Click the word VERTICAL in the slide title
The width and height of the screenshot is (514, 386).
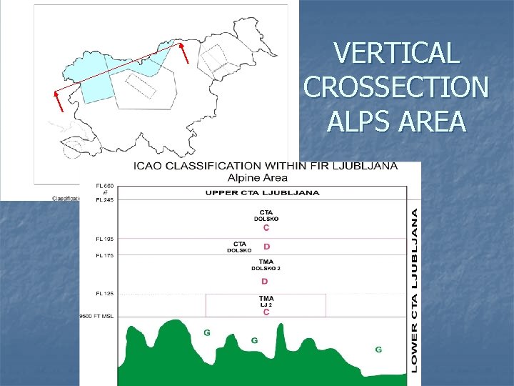[x=395, y=54]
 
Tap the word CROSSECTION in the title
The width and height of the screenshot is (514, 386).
[x=397, y=87]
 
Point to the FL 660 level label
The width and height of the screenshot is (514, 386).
[x=105, y=187]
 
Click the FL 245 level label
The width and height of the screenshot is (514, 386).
[x=105, y=200]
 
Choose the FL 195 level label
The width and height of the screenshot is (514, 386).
[x=105, y=239]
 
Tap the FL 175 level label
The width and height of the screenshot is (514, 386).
[x=105, y=255]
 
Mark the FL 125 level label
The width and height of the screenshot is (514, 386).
[x=105, y=294]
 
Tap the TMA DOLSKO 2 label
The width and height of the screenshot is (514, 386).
[x=266, y=264]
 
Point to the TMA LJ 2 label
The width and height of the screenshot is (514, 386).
[x=266, y=301]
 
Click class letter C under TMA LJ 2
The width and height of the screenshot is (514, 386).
[x=266, y=312]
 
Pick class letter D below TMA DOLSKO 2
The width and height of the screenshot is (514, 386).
[x=265, y=281]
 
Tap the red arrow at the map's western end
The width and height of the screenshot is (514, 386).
[x=59, y=102]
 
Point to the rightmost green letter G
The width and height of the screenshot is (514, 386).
[x=378, y=350]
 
